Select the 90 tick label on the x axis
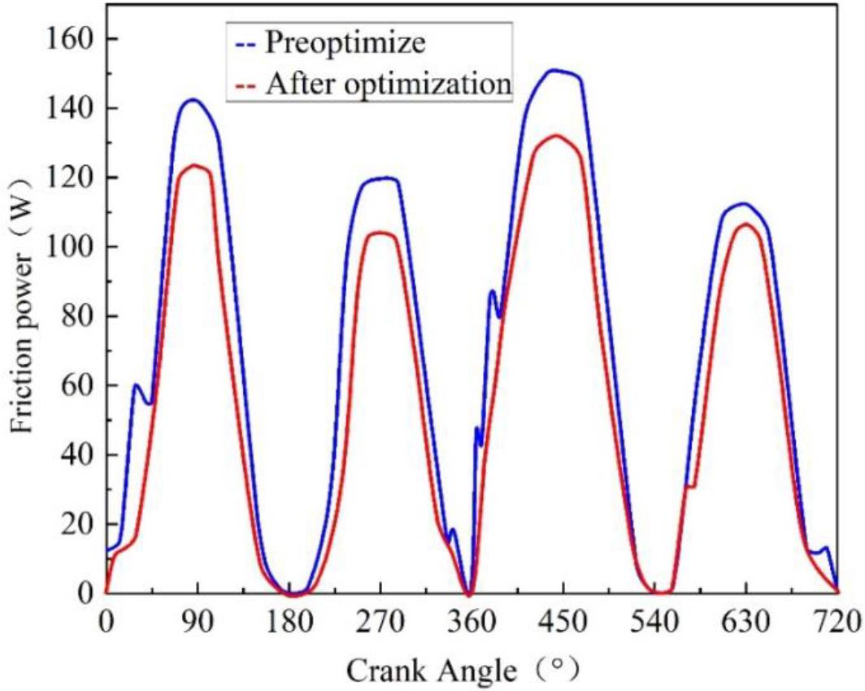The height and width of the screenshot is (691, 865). point(197,624)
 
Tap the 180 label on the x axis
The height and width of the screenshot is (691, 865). point(289,624)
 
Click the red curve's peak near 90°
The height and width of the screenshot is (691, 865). point(195,165)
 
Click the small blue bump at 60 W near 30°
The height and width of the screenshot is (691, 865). point(136,385)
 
